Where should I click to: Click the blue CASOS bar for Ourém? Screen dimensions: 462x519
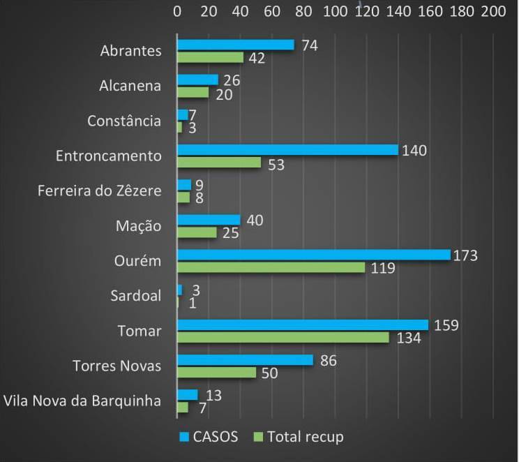coord(313,255)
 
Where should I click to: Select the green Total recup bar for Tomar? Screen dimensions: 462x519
coord(283,338)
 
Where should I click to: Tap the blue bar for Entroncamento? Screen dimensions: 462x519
coord(287,150)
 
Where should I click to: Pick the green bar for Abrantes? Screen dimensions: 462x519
coord(210,58)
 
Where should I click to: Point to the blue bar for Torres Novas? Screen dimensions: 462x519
coord(245,359)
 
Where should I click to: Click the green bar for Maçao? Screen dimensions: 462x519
coord(197,232)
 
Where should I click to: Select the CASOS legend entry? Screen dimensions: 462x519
coord(209,437)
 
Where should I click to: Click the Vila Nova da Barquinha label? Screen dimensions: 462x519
coord(82,401)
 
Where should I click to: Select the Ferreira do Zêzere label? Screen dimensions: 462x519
coord(99,191)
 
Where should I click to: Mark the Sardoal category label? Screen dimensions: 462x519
coord(135,296)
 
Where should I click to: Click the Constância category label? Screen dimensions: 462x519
coord(124,121)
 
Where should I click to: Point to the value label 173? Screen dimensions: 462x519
coord(465,255)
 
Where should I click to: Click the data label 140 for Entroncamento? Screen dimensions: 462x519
coord(413,150)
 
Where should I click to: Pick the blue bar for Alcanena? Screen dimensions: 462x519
coord(197,80)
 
